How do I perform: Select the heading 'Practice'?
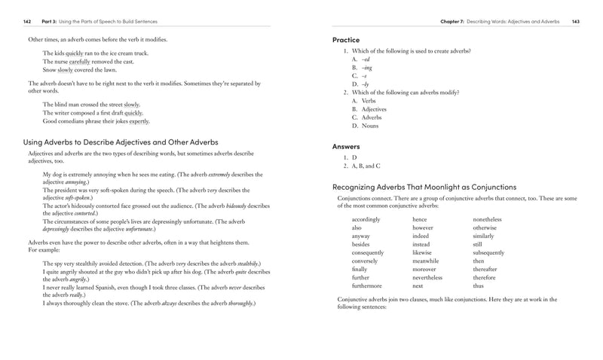tap(346, 39)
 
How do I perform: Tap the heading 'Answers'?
tap(346, 146)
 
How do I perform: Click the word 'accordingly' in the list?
tap(367, 219)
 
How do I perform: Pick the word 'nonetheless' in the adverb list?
tap(487, 219)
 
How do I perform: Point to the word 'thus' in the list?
tap(478, 286)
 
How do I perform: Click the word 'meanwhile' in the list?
tap(427, 261)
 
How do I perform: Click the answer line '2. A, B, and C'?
tap(362, 166)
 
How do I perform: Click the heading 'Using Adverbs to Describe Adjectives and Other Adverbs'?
tap(121, 142)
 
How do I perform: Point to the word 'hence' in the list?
tap(419, 219)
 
